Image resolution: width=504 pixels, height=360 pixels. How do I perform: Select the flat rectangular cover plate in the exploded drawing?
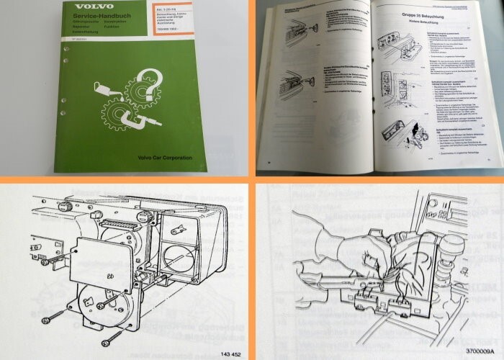(x=102, y=258)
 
